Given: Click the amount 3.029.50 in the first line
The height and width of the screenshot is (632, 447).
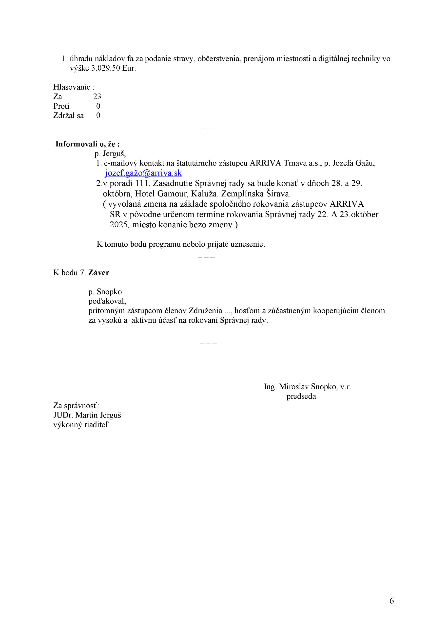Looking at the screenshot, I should click(105, 69).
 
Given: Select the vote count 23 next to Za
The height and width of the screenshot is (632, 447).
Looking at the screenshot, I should click(97, 97).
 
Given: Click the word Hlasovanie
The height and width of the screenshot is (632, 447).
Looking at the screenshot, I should click(72, 87).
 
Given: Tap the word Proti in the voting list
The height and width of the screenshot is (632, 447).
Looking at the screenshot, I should click(61, 106).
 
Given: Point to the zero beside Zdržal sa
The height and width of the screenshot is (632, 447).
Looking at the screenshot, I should click(98, 116).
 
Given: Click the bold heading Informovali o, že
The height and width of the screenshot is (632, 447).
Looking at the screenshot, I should click(88, 144).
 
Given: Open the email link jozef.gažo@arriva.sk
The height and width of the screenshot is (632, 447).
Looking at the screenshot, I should click(143, 173).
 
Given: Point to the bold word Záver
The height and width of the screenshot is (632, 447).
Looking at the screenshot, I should click(98, 273).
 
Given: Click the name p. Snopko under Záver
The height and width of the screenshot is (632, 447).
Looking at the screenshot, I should click(105, 292).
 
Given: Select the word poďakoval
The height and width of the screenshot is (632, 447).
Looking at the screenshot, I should click(107, 301).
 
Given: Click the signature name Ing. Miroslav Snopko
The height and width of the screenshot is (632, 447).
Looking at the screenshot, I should click(300, 387).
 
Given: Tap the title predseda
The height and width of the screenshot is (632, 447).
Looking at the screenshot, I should click(301, 396).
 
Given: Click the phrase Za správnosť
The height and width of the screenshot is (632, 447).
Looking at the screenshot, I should click(76, 406).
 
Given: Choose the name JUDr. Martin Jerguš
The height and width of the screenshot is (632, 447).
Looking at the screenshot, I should click(87, 415).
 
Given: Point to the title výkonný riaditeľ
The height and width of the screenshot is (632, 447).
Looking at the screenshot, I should click(82, 425).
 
